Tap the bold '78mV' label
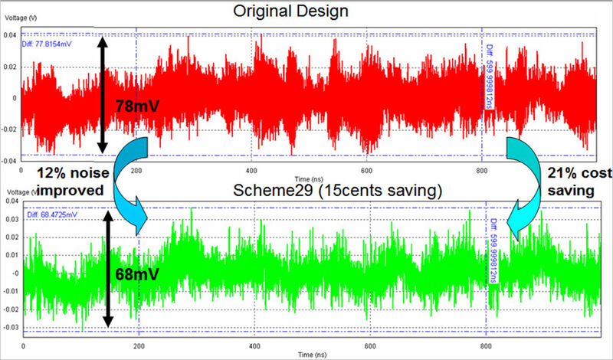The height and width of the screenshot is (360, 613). [x=138, y=106]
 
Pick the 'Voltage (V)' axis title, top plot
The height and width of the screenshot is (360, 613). [x=18, y=15]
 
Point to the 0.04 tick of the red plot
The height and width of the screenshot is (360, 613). [x=9, y=35]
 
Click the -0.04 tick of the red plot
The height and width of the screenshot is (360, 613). [x=8, y=161]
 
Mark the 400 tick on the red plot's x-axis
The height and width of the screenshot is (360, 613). [x=251, y=169]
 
